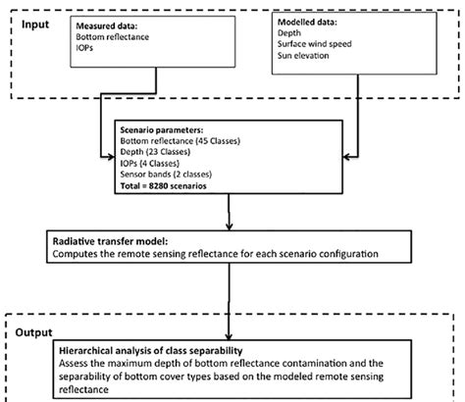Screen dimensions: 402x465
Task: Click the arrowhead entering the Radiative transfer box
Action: point(228,227)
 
